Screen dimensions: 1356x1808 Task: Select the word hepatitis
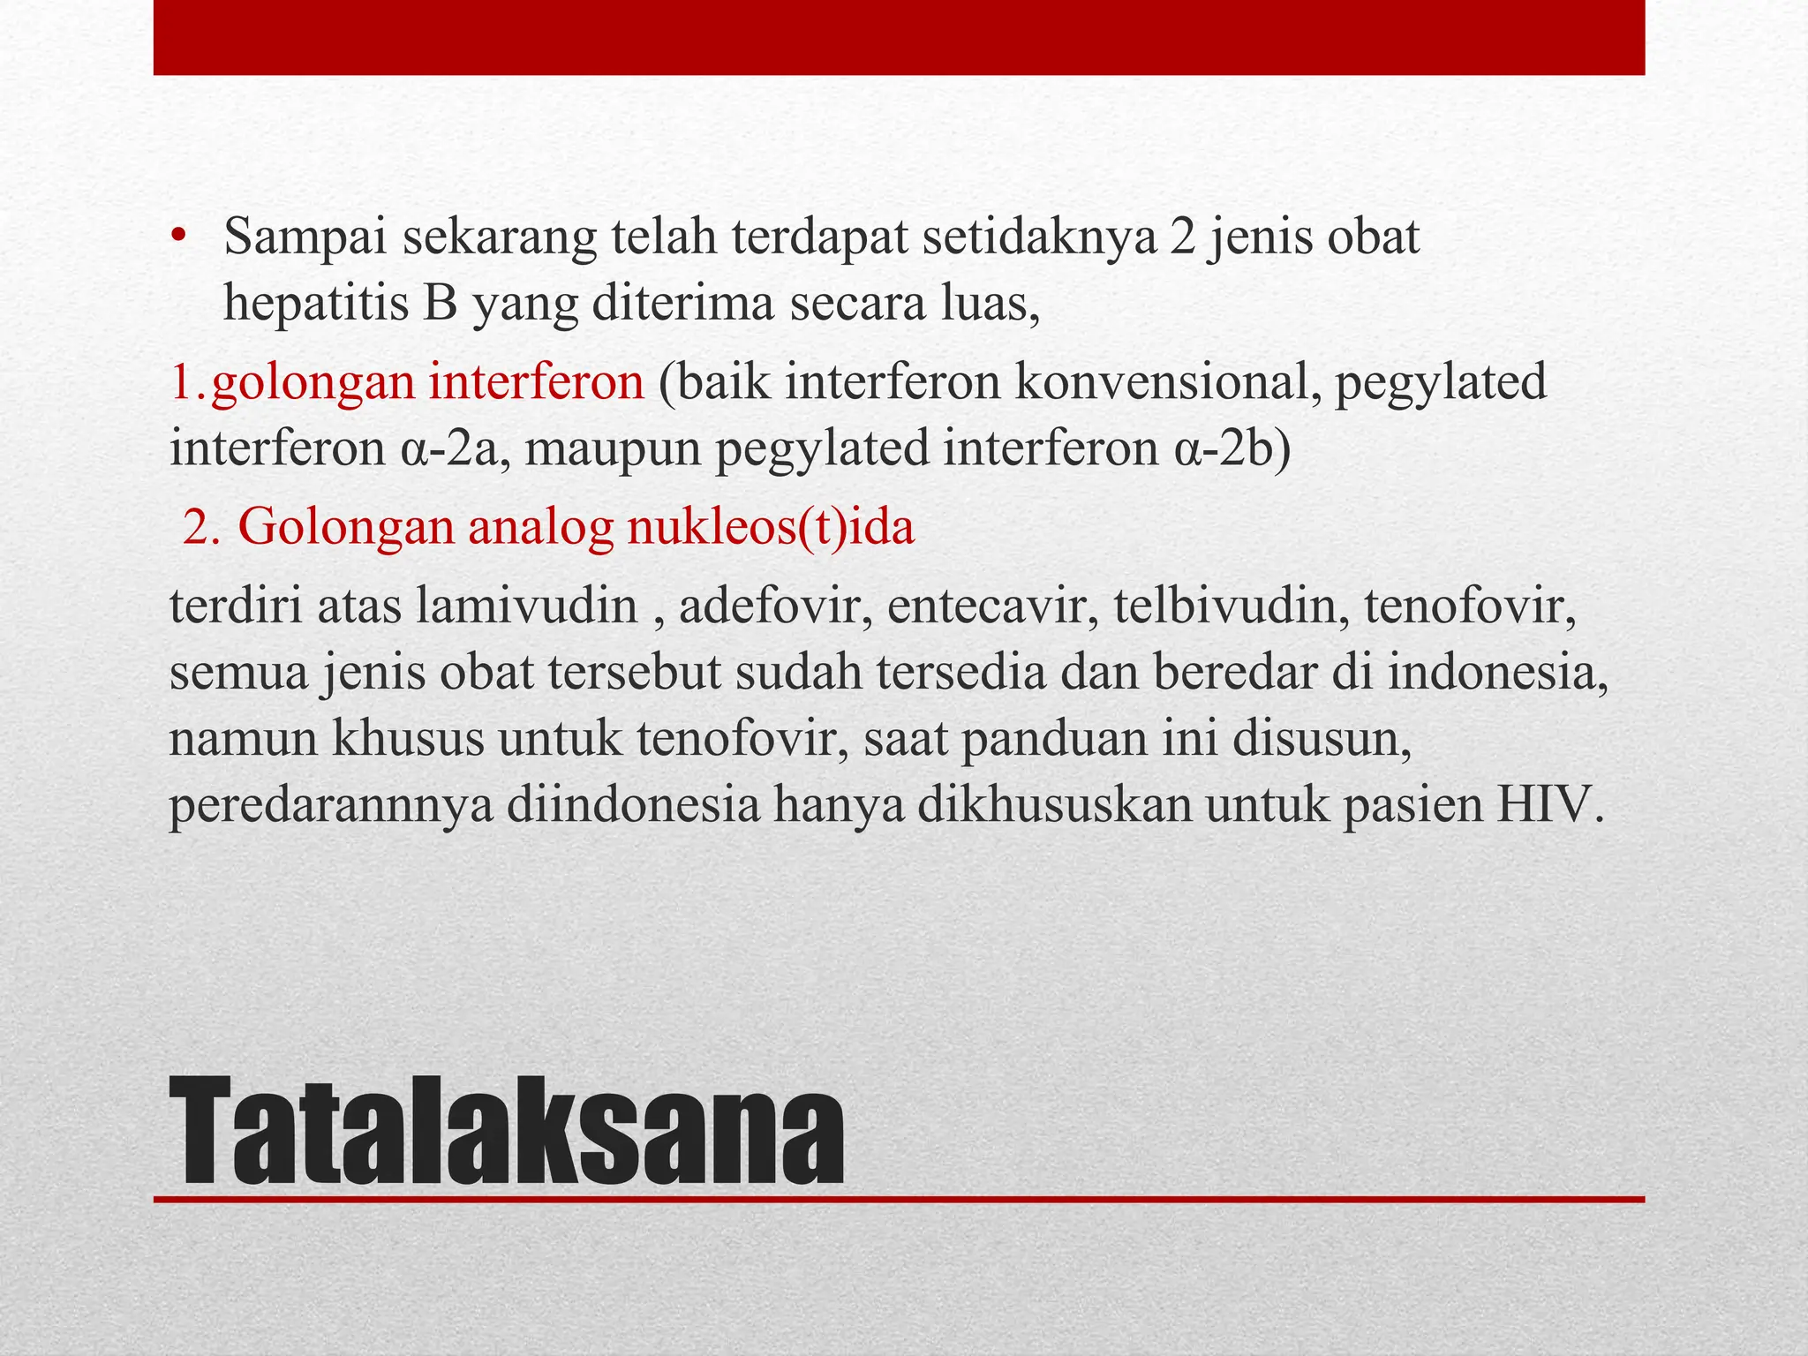tap(316, 305)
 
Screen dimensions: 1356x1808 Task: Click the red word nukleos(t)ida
tap(771, 527)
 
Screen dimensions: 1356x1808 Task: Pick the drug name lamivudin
tap(527, 606)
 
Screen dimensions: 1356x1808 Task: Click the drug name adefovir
tap(769, 606)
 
